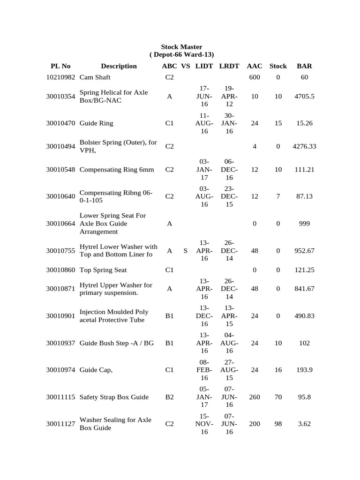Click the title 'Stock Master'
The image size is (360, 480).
(x=181, y=47)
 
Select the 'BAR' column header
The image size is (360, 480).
(x=304, y=66)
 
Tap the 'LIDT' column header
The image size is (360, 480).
(x=204, y=66)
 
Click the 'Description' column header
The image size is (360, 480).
(x=119, y=66)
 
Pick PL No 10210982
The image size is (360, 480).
(x=61, y=77)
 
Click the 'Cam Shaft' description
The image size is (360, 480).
(x=95, y=77)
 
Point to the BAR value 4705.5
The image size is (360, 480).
(x=304, y=97)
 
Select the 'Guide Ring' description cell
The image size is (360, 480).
(x=97, y=123)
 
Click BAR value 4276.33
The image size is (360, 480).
(x=304, y=146)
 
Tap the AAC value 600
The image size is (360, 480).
(x=255, y=77)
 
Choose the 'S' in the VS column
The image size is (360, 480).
(x=186, y=251)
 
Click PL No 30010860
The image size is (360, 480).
(x=61, y=270)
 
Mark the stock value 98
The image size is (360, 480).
(x=278, y=424)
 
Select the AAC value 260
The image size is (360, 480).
(x=255, y=397)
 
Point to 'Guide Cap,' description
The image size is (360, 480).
(x=97, y=370)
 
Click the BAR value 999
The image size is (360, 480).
(x=304, y=224)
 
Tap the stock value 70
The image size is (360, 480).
(x=278, y=397)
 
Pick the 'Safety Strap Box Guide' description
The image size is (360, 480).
(x=114, y=397)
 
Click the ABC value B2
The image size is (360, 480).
(x=170, y=397)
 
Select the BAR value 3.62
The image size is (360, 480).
(x=304, y=424)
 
